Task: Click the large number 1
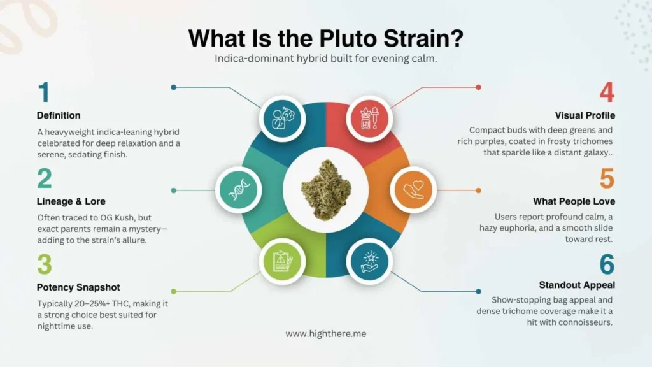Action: pyautogui.click(x=43, y=93)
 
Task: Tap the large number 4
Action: pyautogui.click(x=606, y=93)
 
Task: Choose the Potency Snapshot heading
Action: pyautogui.click(x=78, y=287)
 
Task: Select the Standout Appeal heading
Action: pyautogui.click(x=577, y=285)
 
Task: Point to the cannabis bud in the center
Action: pyautogui.click(x=326, y=189)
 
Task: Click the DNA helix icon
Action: pyautogui.click(x=239, y=189)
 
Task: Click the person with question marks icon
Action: pyautogui.click(x=281, y=118)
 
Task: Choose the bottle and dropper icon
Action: pyautogui.click(x=370, y=118)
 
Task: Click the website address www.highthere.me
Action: pyautogui.click(x=325, y=333)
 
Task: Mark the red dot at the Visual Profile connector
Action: pyautogui.click(x=478, y=87)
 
